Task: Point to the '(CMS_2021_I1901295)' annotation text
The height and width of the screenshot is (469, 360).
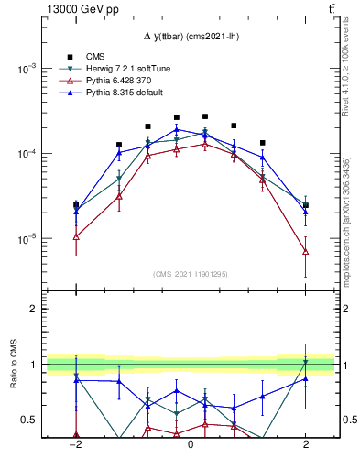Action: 191,274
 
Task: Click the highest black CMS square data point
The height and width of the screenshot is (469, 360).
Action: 205,116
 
